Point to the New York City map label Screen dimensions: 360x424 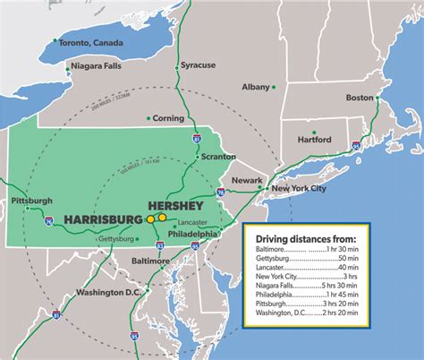click(300, 189)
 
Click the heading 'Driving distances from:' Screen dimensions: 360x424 click(306, 237)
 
